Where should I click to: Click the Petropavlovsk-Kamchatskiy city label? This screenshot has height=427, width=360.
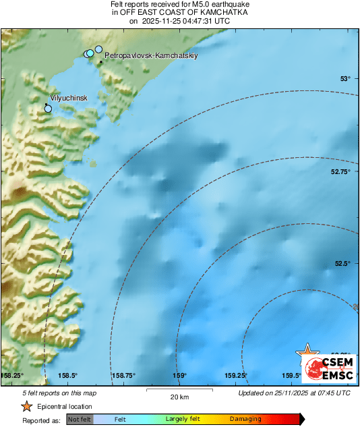pyautogui.click(x=141, y=57)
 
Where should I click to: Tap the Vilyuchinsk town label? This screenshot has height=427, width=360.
pyautogui.click(x=69, y=98)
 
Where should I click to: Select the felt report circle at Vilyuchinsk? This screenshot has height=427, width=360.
pyautogui.click(x=48, y=108)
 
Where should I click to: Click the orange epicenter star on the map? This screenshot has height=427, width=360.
pyautogui.click(x=307, y=353)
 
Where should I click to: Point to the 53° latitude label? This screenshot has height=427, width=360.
pyautogui.click(x=345, y=80)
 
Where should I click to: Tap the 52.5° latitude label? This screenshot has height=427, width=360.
pyautogui.click(x=343, y=264)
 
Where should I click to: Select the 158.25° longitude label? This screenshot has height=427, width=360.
pyautogui.click(x=12, y=376)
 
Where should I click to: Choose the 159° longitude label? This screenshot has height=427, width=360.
pyautogui.click(x=179, y=376)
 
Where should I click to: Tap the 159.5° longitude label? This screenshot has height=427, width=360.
pyautogui.click(x=291, y=376)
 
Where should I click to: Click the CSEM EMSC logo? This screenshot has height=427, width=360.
pyautogui.click(x=330, y=367)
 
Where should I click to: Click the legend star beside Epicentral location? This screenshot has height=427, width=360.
pyautogui.click(x=26, y=406)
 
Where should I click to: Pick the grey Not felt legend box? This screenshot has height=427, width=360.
pyautogui.click(x=80, y=419)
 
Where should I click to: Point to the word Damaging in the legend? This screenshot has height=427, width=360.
pyautogui.click(x=245, y=419)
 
